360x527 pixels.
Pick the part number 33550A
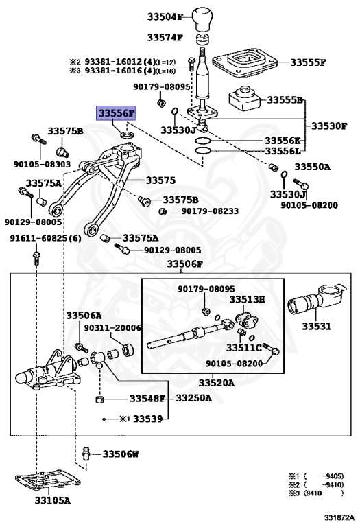pyautogui.click(x=312, y=167)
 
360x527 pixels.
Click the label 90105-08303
pyautogui.click(x=42, y=165)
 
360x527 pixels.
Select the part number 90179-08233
pyautogui.click(x=211, y=211)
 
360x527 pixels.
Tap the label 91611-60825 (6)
pyautogui.click(x=45, y=238)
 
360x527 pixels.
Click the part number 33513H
pyautogui.click(x=247, y=299)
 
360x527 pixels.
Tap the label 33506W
pyautogui.click(x=121, y=454)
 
